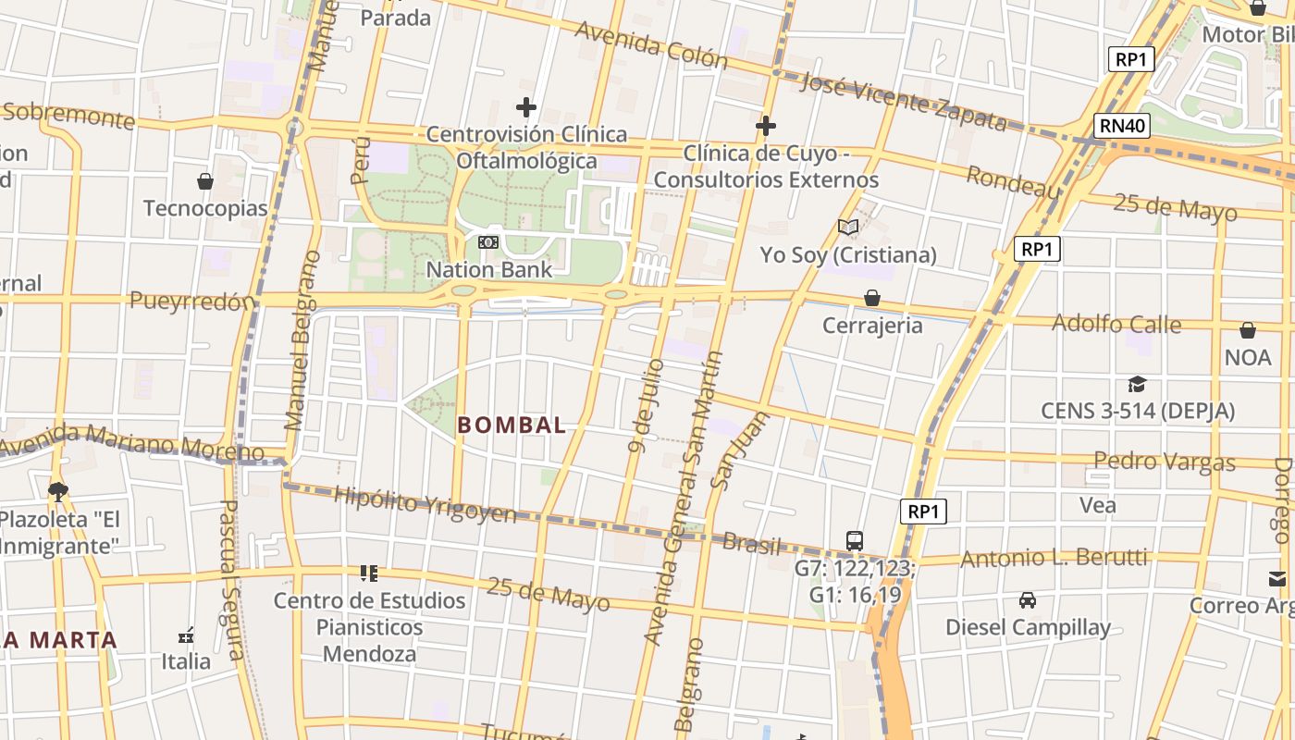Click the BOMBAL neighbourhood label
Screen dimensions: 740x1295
coord(512,425)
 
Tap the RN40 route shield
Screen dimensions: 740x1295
coord(1121,126)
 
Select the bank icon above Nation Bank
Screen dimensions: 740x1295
coord(487,242)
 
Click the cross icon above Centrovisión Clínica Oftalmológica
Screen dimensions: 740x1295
coord(526,107)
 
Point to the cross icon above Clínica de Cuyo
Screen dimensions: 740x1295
coord(766,126)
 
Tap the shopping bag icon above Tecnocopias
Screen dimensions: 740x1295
coord(205,181)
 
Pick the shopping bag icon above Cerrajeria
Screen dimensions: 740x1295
coord(871,298)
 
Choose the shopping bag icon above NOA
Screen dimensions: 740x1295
coord(1248,330)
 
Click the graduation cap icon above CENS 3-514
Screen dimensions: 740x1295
coord(1137,384)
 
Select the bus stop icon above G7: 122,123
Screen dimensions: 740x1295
coord(854,540)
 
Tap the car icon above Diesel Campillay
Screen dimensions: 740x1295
coord(1027,600)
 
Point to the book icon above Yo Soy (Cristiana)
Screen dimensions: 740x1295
coord(848,227)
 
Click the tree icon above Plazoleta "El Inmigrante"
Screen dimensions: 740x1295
coord(58,491)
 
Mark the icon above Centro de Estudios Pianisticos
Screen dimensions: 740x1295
coord(369,573)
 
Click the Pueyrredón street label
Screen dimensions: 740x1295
coord(191,301)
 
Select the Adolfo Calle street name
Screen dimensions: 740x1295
coord(1116,324)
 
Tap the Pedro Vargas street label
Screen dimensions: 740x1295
coord(1164,461)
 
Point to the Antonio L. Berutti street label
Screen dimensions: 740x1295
coord(1054,558)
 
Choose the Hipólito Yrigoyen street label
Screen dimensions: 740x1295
coord(425,505)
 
